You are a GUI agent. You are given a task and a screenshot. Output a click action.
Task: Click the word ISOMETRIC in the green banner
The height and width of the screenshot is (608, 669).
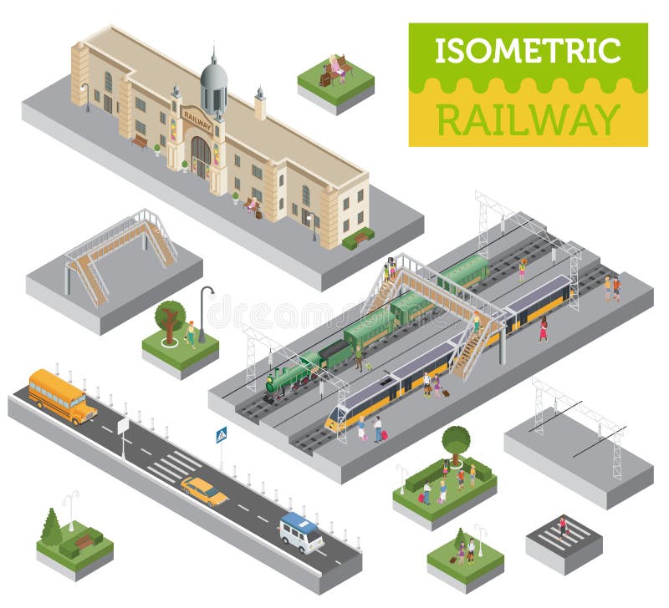coord(528,50)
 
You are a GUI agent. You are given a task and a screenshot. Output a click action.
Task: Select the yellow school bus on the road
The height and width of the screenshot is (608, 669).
coord(62,395)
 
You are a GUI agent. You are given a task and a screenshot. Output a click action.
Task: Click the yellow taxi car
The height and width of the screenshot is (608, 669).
coord(204,490)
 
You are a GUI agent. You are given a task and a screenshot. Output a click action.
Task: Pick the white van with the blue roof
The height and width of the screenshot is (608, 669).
coord(301,532)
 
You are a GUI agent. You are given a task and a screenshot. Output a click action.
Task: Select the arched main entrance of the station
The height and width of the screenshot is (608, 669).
coord(201,156)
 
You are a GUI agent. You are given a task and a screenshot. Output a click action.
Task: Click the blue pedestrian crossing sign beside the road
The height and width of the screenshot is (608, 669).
coord(221,435)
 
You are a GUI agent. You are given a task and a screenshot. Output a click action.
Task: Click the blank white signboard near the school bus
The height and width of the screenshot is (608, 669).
coord(123,425)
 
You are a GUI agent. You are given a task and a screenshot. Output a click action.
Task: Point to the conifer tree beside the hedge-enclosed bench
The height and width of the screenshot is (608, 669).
coord(52,529)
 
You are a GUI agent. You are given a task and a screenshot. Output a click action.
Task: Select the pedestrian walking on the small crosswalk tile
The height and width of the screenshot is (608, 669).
coord(562,527)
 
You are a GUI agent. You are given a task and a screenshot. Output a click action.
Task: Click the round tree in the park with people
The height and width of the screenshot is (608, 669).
coord(456,439)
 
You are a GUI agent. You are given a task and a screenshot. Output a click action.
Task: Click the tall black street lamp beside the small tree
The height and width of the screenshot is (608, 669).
coord(202,312)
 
